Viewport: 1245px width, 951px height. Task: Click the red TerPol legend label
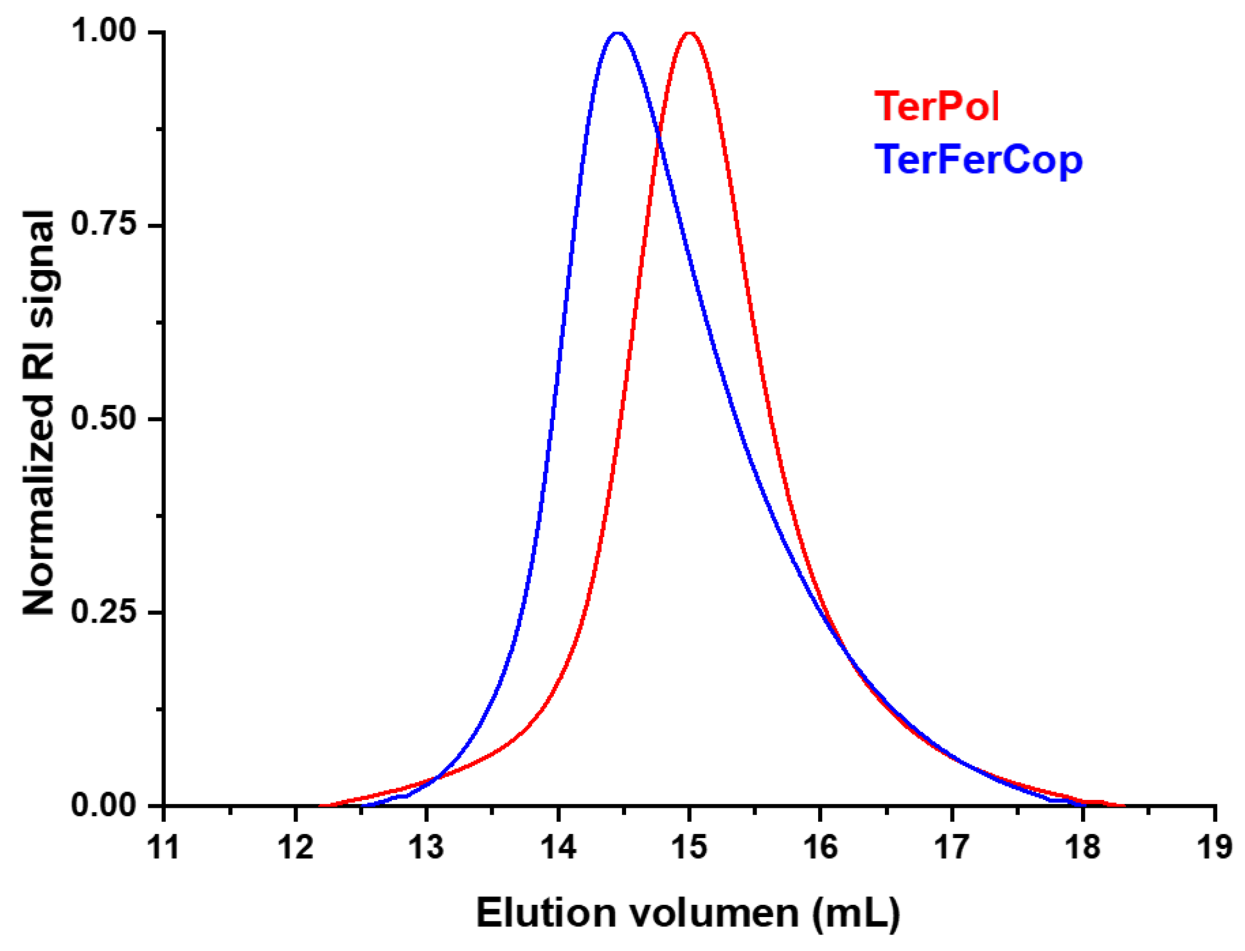(x=936, y=107)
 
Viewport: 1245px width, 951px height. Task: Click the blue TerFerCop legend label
(x=978, y=160)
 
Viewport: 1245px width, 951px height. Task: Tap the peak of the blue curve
(x=618, y=32)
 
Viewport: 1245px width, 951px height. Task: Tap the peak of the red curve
(x=689, y=32)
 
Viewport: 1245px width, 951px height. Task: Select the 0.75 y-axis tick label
(x=104, y=224)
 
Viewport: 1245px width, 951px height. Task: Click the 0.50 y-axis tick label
(x=104, y=418)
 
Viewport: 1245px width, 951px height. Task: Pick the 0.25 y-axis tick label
(x=104, y=611)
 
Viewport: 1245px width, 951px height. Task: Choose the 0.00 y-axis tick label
(x=104, y=805)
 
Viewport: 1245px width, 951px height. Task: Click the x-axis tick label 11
(x=164, y=846)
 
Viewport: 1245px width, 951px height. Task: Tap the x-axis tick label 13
(x=426, y=846)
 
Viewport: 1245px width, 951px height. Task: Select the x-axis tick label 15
(x=689, y=846)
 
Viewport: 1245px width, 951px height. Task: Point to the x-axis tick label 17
(x=952, y=846)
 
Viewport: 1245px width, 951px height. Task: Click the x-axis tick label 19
(x=1214, y=846)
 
